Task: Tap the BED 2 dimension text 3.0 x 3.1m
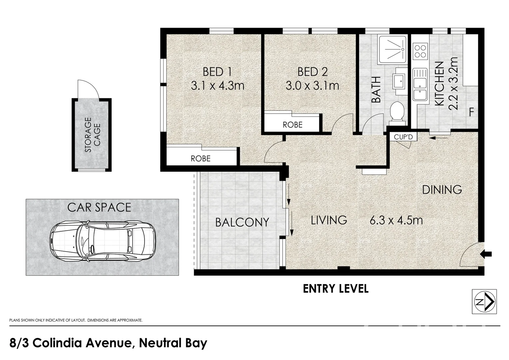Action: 312,86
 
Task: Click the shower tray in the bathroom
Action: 392,49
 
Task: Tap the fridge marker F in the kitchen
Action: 471,112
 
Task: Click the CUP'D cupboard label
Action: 403,137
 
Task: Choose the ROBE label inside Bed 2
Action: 292,125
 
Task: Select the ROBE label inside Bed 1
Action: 201,159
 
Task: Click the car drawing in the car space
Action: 103,241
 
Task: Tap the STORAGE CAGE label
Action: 92,135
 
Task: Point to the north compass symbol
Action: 484,302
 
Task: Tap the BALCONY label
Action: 242,222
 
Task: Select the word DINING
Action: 442,190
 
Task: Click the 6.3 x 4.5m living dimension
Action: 396,220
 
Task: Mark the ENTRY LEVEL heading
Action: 336,289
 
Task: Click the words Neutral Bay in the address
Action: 173,343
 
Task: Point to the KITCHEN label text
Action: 439,84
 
